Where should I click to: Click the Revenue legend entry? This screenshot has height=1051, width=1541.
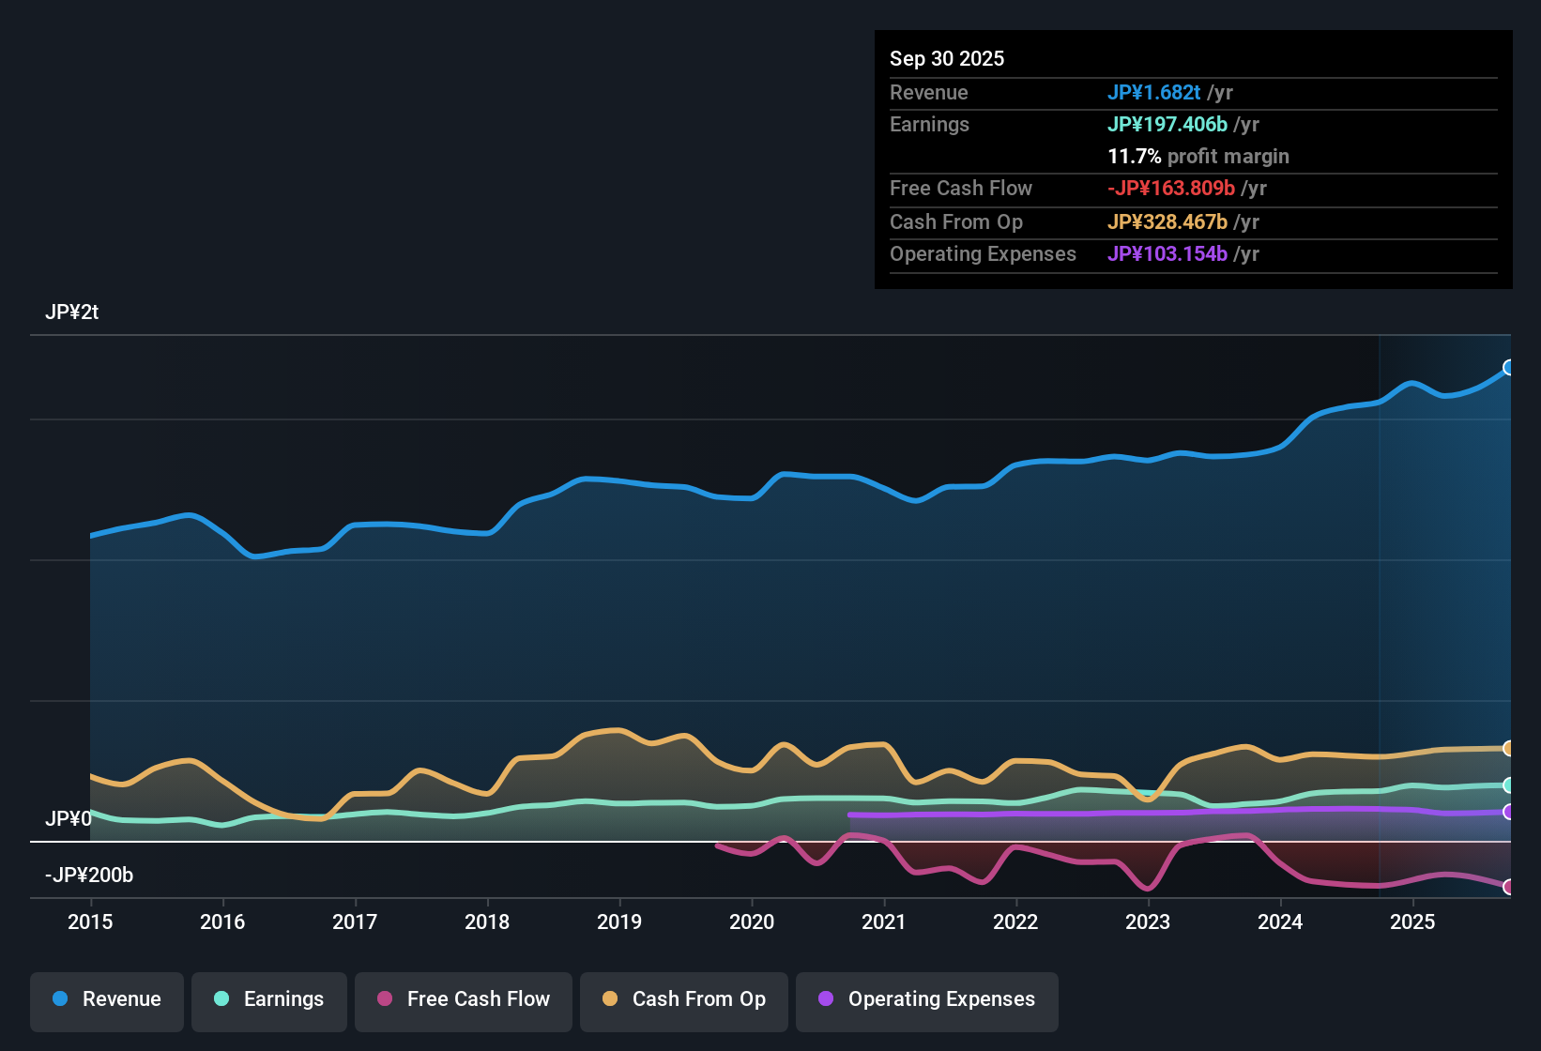tap(107, 999)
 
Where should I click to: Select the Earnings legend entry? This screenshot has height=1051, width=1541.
tap(269, 999)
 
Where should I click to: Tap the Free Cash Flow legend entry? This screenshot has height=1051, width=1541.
tap(464, 999)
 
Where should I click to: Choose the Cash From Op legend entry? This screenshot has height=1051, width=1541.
tap(684, 999)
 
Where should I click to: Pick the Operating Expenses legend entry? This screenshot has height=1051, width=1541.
tap(927, 999)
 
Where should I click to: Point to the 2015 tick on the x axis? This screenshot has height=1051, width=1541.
tap(90, 922)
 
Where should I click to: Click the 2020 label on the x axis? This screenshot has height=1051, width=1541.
tap(752, 922)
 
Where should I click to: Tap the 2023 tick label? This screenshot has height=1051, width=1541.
tap(1148, 922)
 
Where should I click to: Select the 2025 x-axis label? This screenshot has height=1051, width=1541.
tap(1412, 922)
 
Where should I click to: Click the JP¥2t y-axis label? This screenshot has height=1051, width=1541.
tap(71, 312)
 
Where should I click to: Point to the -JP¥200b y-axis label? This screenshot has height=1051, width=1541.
tap(89, 876)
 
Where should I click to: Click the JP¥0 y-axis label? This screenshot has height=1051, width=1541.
tap(68, 819)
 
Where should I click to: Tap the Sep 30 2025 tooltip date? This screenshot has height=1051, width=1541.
tap(947, 59)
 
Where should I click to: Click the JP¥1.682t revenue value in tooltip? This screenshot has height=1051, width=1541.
tap(1153, 93)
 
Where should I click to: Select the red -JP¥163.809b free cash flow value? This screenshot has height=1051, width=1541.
tap(1170, 189)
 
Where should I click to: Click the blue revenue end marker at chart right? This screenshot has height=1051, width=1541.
tap(1509, 367)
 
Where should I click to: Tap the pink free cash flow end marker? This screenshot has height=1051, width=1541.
tap(1509, 887)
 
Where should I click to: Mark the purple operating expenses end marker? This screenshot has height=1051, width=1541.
tap(1509, 812)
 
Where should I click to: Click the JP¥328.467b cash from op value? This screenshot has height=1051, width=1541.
tap(1167, 222)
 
